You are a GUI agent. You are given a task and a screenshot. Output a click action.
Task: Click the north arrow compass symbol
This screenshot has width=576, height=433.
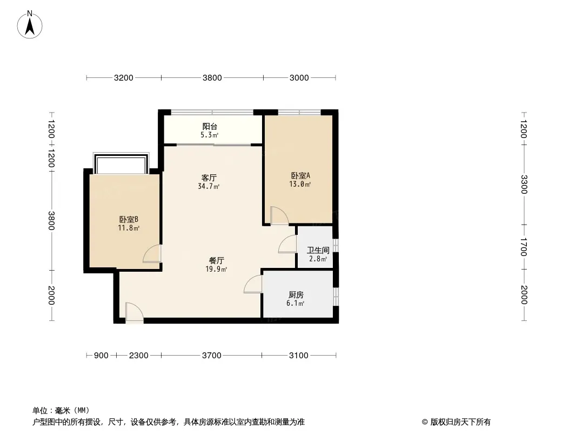point(30,25)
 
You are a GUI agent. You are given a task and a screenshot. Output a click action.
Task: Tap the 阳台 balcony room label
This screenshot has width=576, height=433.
point(210,127)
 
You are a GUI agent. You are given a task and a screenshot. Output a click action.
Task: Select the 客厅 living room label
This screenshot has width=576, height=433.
point(209,178)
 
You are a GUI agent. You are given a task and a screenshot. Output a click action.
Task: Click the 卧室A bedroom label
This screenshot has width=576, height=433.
point(300,175)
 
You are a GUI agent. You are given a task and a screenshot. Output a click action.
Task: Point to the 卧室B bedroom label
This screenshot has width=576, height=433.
point(129,219)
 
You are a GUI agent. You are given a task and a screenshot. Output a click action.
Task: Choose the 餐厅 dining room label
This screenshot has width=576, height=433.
point(216,260)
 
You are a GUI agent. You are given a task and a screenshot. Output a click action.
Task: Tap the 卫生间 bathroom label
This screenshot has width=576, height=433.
point(318,250)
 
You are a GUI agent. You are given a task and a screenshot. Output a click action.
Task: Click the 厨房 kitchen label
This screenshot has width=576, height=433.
point(296,294)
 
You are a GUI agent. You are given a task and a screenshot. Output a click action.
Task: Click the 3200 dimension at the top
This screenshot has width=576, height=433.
point(123,77)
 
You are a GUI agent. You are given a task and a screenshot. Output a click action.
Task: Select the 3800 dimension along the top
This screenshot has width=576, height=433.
point(212,77)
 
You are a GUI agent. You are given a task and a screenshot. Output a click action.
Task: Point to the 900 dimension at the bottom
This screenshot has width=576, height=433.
point(101,356)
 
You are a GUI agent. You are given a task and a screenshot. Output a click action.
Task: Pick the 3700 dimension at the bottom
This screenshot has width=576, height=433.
point(212,356)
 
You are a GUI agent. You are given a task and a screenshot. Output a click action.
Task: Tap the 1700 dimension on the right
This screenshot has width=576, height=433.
point(524,247)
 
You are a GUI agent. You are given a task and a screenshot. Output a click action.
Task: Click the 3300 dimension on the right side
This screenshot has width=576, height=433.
point(524,185)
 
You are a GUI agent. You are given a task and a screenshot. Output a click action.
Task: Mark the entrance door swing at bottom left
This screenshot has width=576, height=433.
point(134,312)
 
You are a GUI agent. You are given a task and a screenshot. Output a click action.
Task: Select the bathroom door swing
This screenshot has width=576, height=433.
point(287,244)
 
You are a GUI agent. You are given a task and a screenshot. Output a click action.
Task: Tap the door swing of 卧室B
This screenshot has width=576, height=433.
point(152,254)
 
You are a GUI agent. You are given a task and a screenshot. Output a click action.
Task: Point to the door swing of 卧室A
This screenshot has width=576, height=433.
point(279,215)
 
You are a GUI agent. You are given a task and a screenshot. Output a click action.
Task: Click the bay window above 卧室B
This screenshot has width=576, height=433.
point(121,163)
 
